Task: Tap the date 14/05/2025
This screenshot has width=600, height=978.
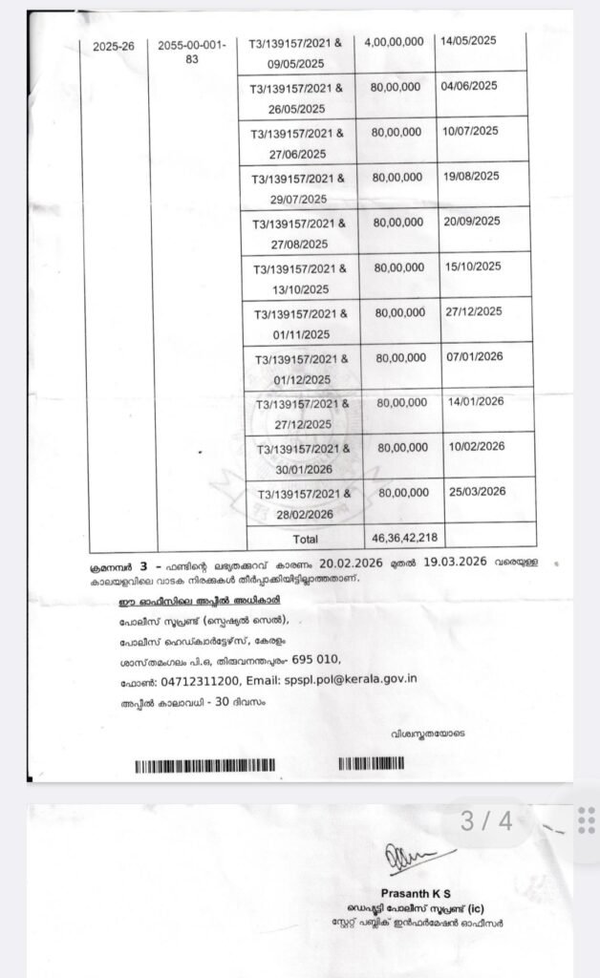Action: (469, 42)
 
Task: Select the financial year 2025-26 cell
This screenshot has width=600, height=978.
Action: (114, 46)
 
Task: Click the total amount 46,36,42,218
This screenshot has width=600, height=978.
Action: (401, 537)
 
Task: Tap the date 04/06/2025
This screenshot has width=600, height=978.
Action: (469, 86)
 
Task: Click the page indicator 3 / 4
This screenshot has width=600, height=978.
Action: (486, 820)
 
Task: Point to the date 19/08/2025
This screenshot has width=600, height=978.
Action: (472, 176)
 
